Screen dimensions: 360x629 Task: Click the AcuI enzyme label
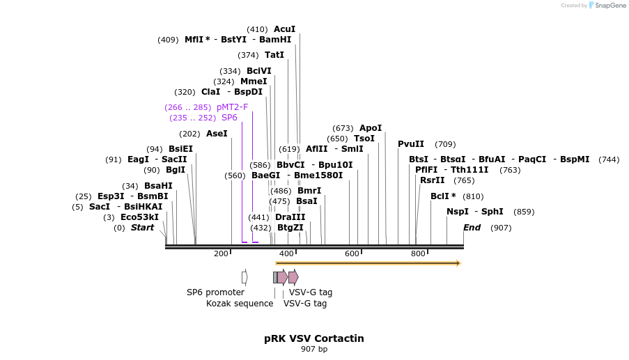(x=284, y=29)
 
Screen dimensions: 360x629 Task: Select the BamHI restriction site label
(x=275, y=40)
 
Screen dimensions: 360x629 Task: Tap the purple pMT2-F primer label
(x=232, y=107)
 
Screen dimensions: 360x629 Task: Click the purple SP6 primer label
(x=229, y=118)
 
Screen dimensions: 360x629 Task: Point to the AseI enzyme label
(x=217, y=134)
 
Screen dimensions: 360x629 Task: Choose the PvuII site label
(x=411, y=144)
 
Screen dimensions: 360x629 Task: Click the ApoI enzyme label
(x=371, y=128)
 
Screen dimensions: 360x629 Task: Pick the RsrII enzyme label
(x=432, y=180)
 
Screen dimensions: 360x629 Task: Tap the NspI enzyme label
(x=458, y=212)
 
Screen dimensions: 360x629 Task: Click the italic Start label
(x=142, y=228)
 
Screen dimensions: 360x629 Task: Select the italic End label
(x=472, y=228)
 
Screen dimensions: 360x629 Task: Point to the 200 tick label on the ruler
(x=221, y=254)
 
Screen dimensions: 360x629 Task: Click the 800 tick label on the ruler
(x=418, y=254)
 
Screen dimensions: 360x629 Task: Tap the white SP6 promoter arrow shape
(x=244, y=277)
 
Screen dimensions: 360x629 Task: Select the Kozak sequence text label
(x=240, y=304)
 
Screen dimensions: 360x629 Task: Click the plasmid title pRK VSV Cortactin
(x=313, y=338)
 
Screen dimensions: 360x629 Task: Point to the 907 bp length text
(x=313, y=349)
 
